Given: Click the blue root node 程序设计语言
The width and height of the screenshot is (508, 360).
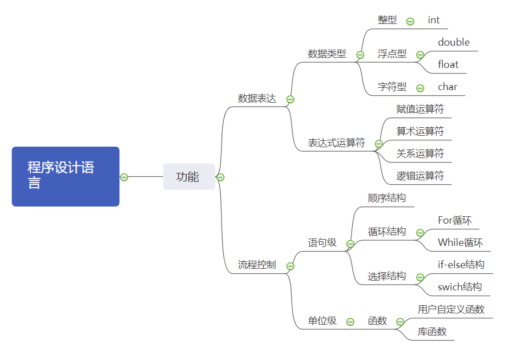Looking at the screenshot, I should tap(65, 176).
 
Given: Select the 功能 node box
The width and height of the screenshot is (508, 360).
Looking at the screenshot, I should tap(188, 177).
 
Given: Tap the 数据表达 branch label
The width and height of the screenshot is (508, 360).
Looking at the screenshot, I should tap(257, 99).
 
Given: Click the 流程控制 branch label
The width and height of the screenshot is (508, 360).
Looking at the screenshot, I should tap(257, 265).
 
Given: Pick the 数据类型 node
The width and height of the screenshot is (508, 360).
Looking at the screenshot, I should tap(327, 54).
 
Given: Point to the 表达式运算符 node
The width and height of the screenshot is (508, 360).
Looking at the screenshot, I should tap(336, 143).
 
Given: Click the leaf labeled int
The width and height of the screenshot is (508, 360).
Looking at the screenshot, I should tap(434, 20).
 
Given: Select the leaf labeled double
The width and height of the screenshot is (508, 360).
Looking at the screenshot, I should tap(454, 42).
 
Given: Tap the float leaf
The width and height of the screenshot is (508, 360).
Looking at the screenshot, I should tap(448, 64).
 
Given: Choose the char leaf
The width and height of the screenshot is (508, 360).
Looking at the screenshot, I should tap(447, 87).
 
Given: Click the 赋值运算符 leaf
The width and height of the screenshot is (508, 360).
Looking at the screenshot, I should tap(420, 109).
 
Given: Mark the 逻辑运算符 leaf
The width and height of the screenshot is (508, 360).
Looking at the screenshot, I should tap(420, 176).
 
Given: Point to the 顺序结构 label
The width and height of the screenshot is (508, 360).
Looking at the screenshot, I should tap(387, 198).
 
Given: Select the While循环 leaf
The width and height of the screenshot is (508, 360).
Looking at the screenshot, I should tap(460, 242).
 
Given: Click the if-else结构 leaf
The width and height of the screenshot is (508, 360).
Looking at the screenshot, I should tap(461, 265).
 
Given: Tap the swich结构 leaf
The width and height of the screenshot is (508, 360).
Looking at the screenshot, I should tap(459, 287).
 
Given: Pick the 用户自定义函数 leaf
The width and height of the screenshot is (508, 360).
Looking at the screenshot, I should tap(451, 309).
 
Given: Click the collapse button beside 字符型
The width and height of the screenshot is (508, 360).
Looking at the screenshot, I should tap(420, 88).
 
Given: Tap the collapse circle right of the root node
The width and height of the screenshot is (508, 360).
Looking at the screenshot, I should tap(124, 177).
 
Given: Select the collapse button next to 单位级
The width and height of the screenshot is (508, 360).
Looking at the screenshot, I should tap(350, 322).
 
